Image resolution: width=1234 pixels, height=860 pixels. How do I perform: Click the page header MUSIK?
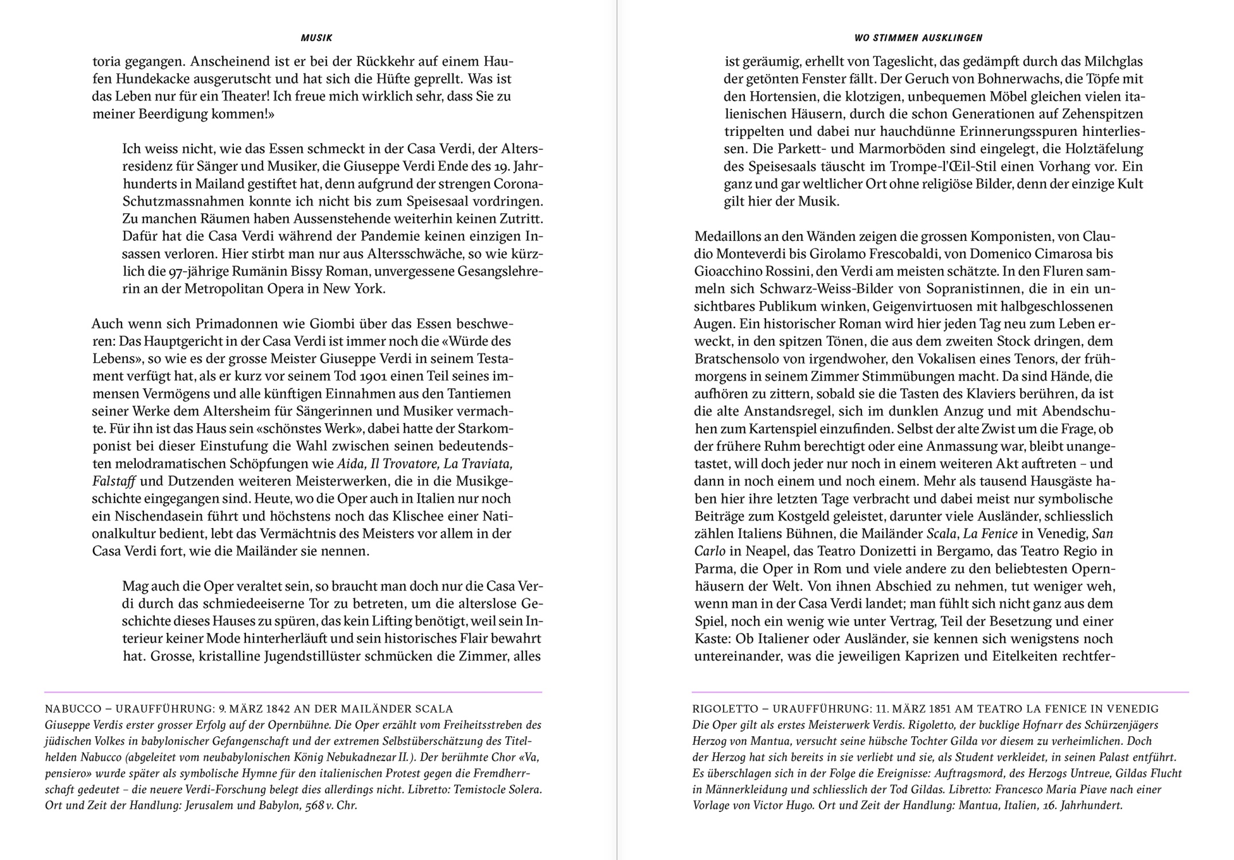point(317,38)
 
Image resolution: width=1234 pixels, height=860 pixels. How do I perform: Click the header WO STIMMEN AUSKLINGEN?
point(919,38)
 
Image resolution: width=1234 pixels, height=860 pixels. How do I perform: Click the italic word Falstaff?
point(114,481)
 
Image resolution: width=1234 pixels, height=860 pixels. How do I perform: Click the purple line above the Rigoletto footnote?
point(940,693)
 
